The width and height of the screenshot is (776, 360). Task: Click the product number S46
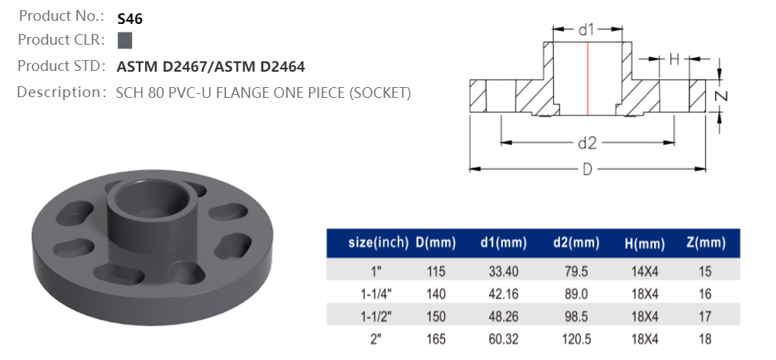click(130, 19)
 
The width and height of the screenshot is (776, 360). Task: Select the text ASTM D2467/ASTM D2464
click(210, 67)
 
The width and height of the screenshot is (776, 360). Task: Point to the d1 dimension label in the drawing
click(586, 30)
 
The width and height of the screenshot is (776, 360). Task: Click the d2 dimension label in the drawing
click(588, 143)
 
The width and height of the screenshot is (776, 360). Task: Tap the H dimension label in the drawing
click(673, 59)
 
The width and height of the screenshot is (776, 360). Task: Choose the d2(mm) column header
click(575, 244)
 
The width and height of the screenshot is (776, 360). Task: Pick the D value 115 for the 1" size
click(437, 271)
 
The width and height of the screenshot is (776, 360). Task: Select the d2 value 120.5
click(575, 338)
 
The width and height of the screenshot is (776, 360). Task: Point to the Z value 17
click(705, 316)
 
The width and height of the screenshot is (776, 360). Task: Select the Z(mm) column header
click(705, 244)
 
